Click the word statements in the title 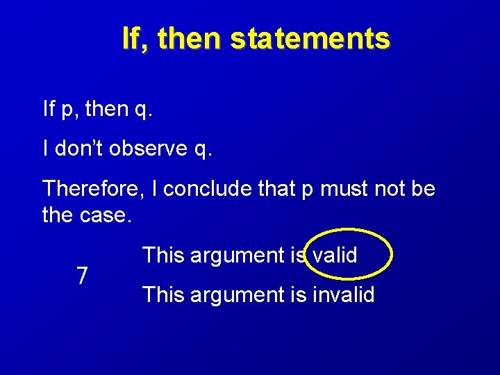coord(310,39)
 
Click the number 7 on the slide coord(82,276)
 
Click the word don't coord(77,149)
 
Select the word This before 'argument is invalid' coord(163,295)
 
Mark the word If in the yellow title coord(133,39)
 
